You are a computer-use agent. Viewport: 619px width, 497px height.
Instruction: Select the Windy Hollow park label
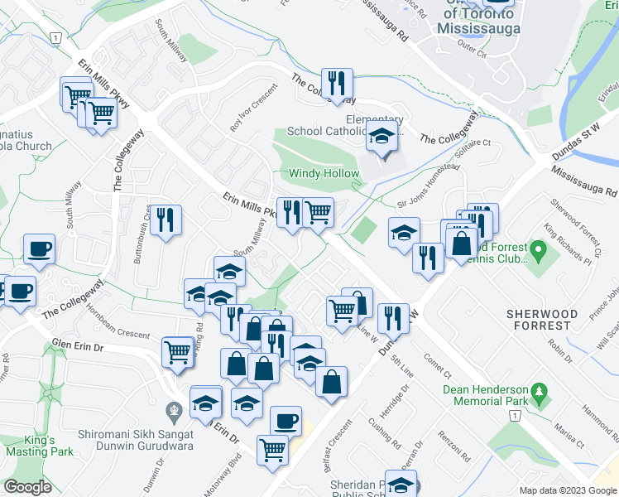pyautogui.click(x=324, y=174)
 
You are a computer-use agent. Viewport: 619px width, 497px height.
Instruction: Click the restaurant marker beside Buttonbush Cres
pyautogui.click(x=167, y=220)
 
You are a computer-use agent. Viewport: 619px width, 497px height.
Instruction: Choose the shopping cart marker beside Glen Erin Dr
pyautogui.click(x=178, y=351)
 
